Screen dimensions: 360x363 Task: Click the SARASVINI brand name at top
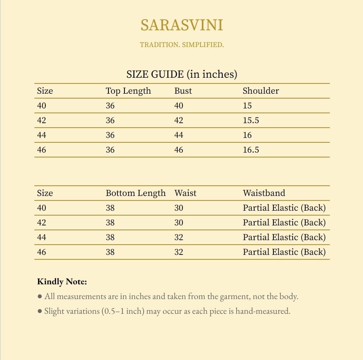[182, 25]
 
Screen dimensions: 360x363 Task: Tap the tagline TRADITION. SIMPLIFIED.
[182, 45]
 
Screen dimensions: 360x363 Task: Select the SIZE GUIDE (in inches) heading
[182, 74]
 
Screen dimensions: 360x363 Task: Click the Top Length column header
[128, 91]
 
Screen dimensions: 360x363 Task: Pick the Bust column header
[183, 91]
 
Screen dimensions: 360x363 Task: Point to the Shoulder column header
[261, 91]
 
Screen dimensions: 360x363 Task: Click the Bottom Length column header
[135, 193]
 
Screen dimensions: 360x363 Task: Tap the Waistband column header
[264, 193]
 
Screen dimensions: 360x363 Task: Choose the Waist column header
[185, 193]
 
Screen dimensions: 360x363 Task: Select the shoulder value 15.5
[251, 120]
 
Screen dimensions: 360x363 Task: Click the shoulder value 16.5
[251, 150]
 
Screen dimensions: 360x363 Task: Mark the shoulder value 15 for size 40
[247, 106]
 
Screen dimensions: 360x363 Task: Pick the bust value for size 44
[179, 135]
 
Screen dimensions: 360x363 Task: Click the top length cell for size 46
[110, 150]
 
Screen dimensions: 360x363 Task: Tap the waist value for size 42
[179, 223]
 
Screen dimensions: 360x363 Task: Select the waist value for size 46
[179, 252]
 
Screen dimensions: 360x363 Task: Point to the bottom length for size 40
[110, 208]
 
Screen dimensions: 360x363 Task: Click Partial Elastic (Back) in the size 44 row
[284, 237]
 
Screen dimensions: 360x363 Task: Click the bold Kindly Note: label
[62, 282]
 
